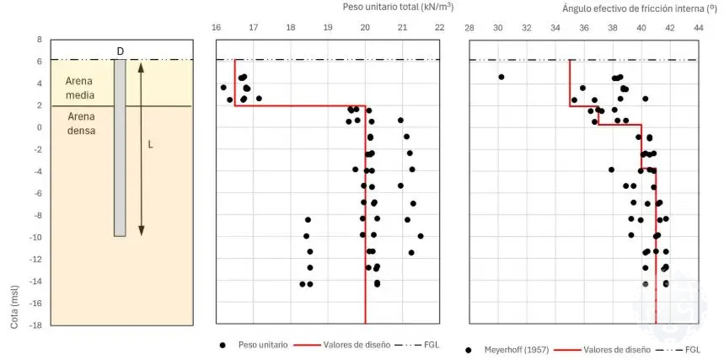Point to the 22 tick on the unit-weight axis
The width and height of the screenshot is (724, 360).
[x=439, y=28]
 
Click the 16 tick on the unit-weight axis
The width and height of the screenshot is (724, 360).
[x=217, y=28]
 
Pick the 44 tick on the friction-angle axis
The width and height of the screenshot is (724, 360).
[x=699, y=28]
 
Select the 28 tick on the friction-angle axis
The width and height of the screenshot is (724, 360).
[x=469, y=28]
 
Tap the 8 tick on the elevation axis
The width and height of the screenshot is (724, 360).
[x=38, y=39]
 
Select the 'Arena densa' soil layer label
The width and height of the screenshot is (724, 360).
[x=83, y=125]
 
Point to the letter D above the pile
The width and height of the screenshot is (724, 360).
[x=120, y=51]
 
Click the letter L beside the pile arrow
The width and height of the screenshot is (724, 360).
[x=150, y=144]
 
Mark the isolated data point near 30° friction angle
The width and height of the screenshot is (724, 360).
[x=501, y=77]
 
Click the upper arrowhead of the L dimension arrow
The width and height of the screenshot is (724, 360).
[x=142, y=65]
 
